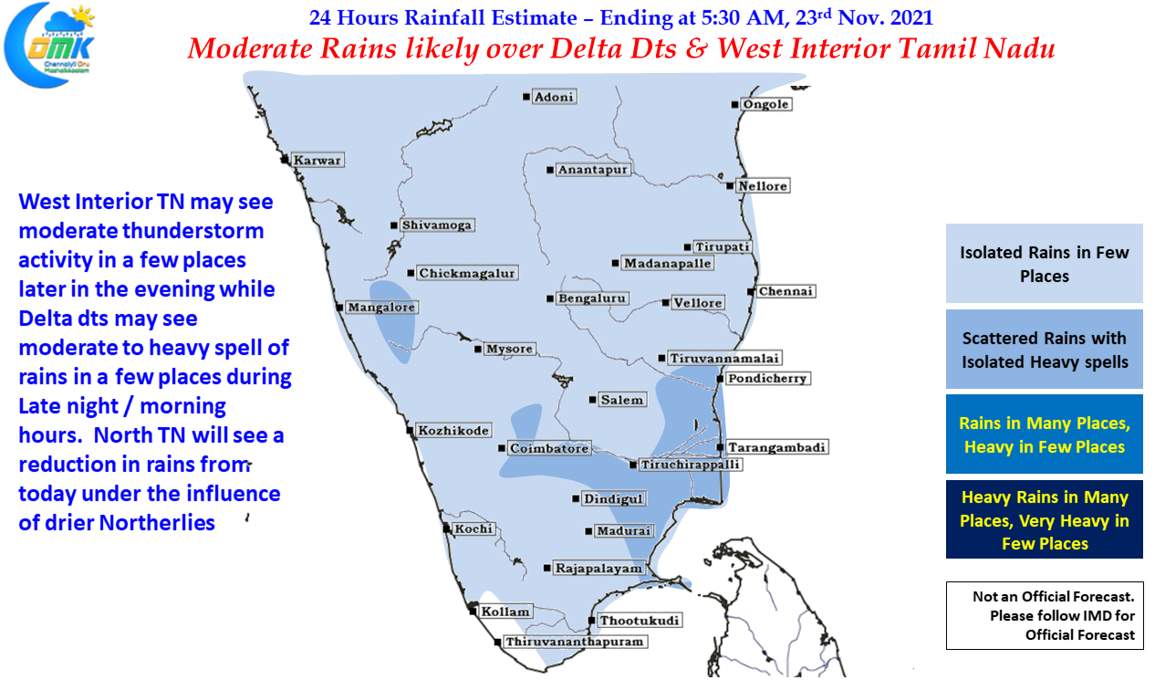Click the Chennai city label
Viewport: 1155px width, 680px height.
coord(786,291)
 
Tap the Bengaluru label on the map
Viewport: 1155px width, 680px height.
coord(592,298)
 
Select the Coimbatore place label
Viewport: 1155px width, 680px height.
coord(549,448)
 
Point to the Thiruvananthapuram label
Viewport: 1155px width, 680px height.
coord(575,642)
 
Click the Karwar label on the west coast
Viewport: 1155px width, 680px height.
coord(317,160)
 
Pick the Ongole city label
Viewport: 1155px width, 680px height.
coord(765,104)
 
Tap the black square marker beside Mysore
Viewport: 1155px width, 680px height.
coord(478,350)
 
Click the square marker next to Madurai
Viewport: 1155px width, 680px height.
coord(588,531)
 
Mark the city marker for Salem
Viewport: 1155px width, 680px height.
coord(592,400)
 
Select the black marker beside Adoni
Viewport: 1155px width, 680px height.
coord(525,97)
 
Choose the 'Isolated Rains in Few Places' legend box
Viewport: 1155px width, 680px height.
coord(1044,263)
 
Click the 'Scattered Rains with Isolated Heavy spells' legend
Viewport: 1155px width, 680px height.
coord(1044,349)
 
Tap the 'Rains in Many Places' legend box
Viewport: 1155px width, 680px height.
coord(1044,434)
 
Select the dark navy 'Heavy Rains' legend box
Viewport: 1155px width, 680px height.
coord(1044,519)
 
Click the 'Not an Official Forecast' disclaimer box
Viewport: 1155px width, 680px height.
coord(1045,615)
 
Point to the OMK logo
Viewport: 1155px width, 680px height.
coord(49,46)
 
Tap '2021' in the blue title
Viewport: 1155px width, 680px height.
coord(911,18)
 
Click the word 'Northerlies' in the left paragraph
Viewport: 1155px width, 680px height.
coord(157,523)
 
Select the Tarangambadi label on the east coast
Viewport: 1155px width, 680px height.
coord(776,447)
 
